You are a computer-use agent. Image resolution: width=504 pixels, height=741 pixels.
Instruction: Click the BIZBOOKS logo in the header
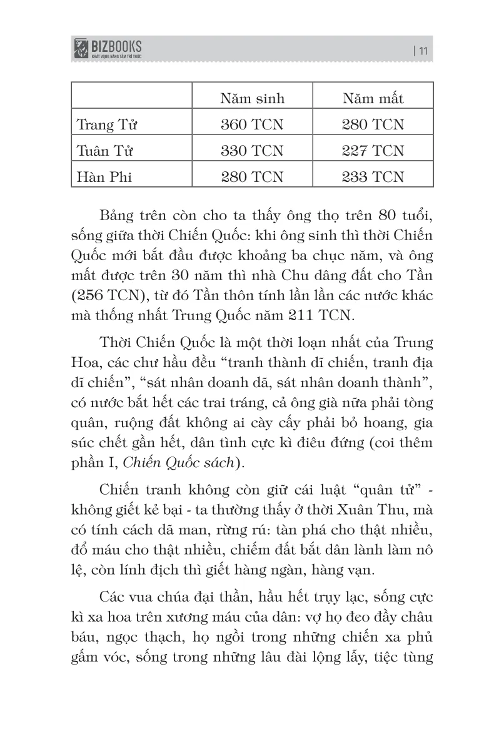coord(108,48)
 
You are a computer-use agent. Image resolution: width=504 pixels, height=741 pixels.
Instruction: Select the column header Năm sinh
coord(251,99)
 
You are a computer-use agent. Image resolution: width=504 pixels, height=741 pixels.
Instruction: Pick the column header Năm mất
coord(373,99)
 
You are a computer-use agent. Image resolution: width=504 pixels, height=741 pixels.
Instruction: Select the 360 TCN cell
coord(251,125)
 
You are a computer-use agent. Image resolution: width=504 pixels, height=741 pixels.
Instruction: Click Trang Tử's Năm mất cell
coord(373,125)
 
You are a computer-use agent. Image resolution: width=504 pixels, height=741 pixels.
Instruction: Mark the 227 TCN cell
coord(373,151)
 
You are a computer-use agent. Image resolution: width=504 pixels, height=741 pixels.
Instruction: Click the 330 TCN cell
coord(251,151)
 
